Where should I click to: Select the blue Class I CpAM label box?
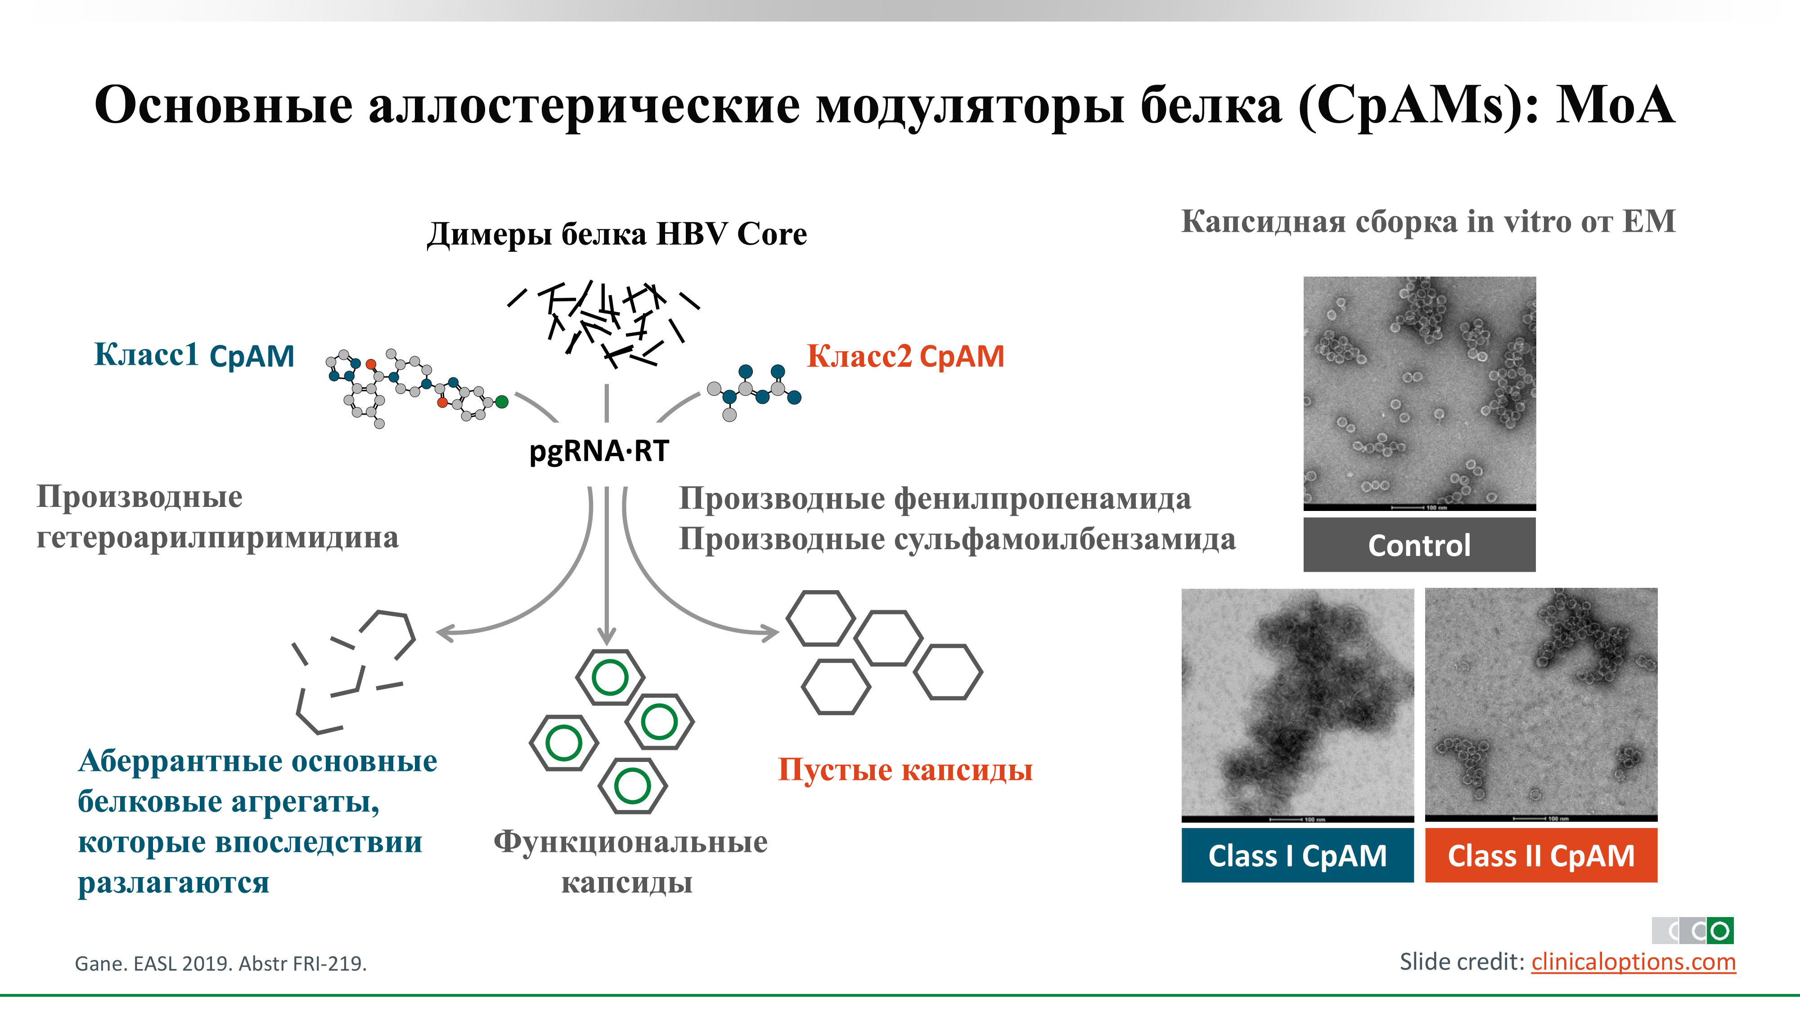point(1297,855)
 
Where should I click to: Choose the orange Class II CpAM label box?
point(1541,855)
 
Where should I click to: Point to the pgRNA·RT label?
point(599,451)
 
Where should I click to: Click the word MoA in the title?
point(1615,105)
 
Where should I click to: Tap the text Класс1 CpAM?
point(194,355)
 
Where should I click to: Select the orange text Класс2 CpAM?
point(905,356)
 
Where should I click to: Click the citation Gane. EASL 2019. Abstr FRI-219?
point(221,964)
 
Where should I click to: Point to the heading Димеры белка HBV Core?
point(616,234)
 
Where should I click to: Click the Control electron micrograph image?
point(1419,391)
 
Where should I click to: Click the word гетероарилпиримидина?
point(217,538)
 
